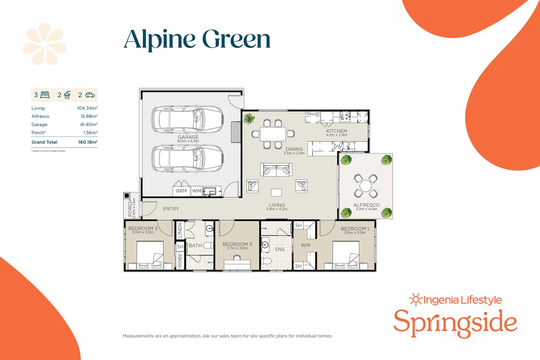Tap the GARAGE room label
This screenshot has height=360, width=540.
click(x=188, y=137)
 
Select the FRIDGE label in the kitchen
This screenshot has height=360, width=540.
click(x=313, y=114)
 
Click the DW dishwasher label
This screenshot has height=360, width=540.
click(x=337, y=147)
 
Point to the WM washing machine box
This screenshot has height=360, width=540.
click(x=197, y=191)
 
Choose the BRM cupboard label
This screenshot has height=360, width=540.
click(x=181, y=191)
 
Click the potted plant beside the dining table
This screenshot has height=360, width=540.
click(x=249, y=118)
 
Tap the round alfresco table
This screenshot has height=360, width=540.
click(x=366, y=186)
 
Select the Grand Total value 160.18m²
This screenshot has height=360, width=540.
click(x=87, y=142)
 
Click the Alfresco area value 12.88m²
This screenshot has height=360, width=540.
click(x=89, y=116)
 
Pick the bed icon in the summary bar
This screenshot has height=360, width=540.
click(x=45, y=95)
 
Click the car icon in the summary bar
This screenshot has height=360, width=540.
click(x=90, y=95)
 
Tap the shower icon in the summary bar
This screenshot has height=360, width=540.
click(x=67, y=95)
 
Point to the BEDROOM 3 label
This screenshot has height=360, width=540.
click(x=237, y=244)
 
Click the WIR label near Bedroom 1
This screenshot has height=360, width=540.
click(x=306, y=245)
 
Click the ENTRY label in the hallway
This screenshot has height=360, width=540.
click(x=171, y=209)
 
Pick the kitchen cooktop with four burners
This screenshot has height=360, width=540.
click(x=345, y=116)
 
